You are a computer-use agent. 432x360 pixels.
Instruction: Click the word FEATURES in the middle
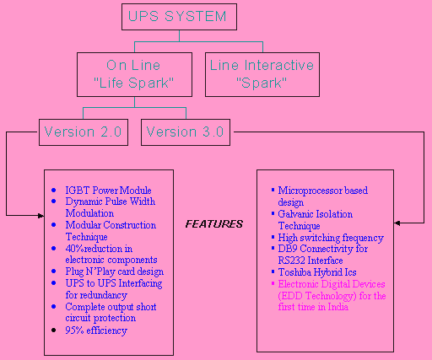pos(214,224)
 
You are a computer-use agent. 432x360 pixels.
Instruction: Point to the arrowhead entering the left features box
pos(41,216)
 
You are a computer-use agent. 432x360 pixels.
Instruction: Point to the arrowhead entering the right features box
pos(397,223)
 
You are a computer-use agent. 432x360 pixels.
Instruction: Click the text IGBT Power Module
pos(108,191)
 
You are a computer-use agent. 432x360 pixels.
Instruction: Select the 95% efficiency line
pos(96,330)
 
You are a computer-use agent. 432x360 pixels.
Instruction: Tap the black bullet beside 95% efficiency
pos(54,330)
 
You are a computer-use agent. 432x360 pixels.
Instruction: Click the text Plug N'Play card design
pos(115,271)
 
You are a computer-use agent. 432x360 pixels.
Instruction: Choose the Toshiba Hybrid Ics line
pos(317,272)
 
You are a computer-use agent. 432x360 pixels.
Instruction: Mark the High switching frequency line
pos(331,238)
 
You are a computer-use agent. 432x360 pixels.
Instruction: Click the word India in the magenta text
pos(338,307)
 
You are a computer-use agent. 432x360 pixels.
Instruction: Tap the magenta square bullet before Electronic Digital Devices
pos(273,283)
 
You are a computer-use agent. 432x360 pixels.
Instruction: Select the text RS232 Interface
pos(310,261)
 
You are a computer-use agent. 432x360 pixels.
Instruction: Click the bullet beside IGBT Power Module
pos(54,191)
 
